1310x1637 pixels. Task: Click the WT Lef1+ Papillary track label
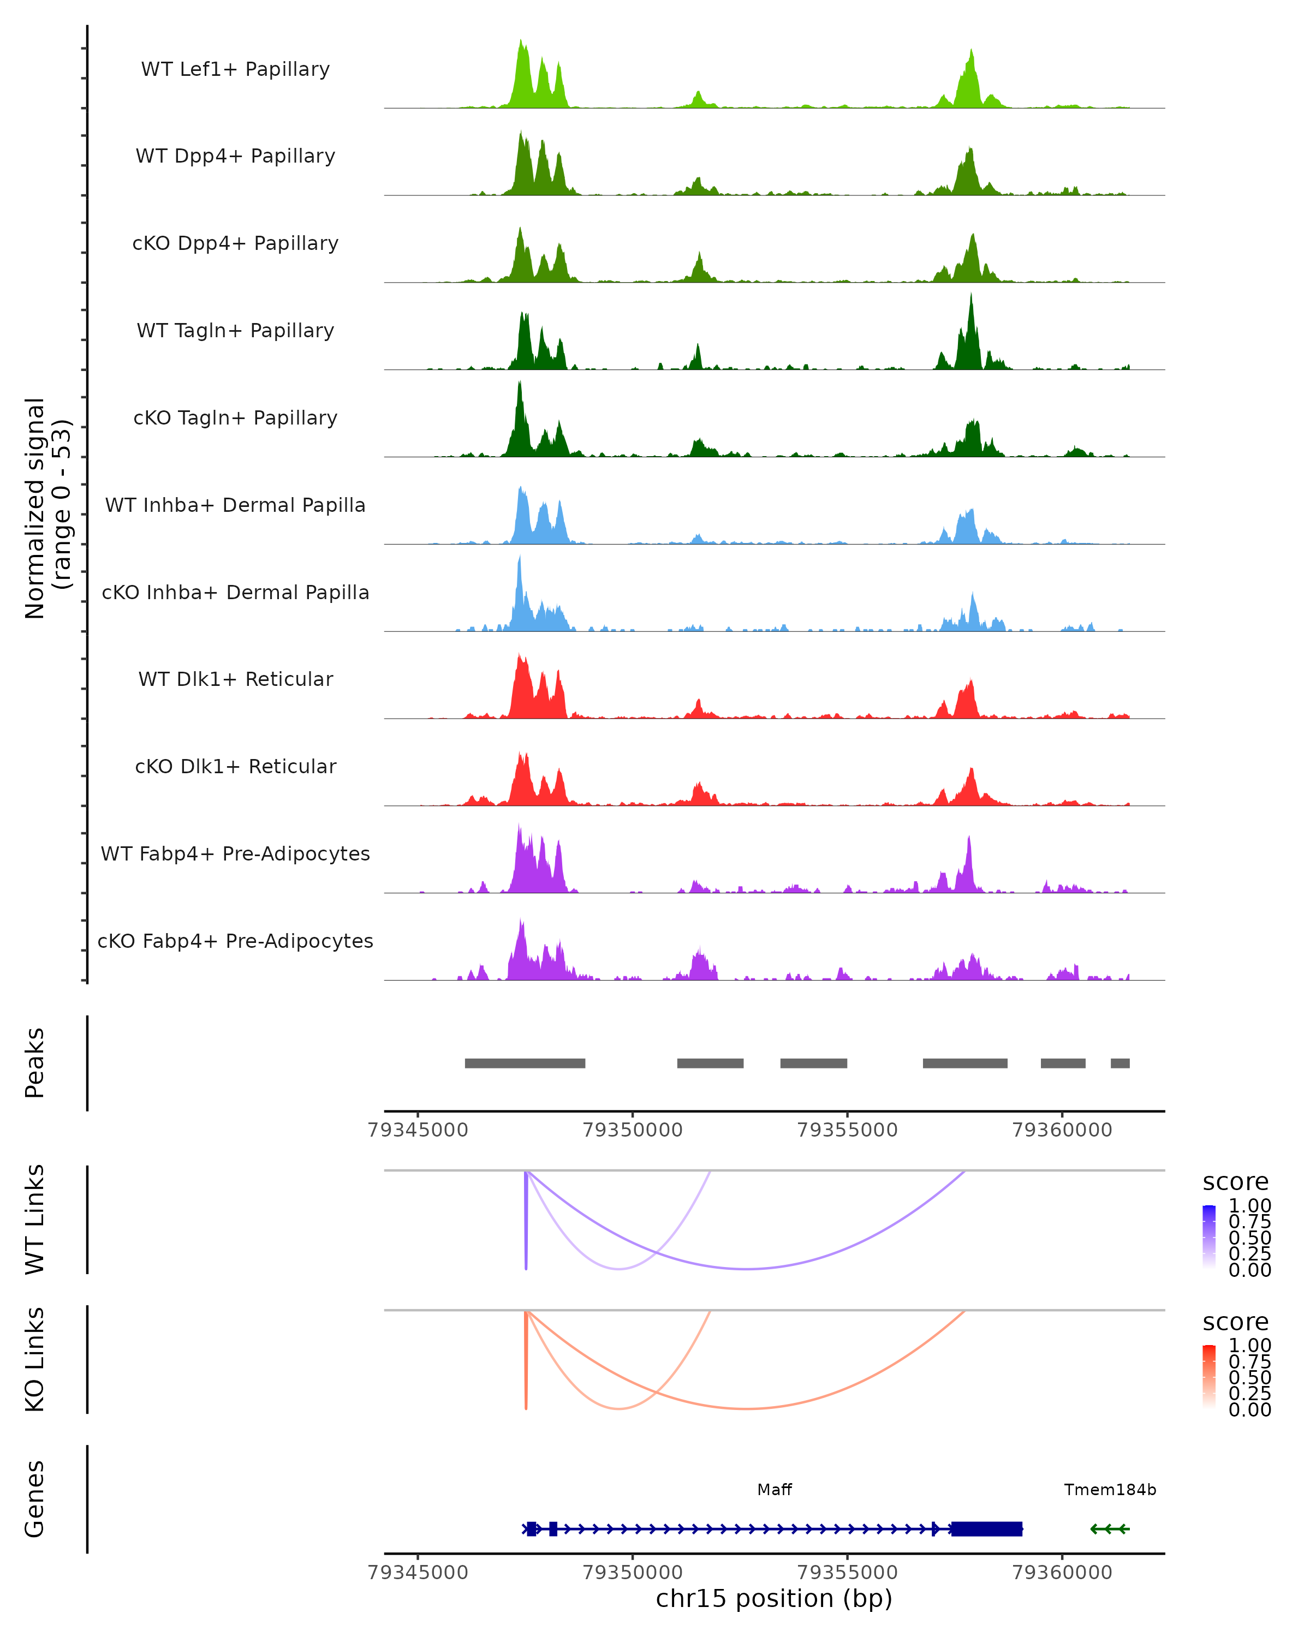[235, 69]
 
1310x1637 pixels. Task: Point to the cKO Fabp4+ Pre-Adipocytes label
[235, 941]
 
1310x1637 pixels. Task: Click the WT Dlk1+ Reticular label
[235, 679]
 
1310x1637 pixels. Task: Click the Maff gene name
[774, 1490]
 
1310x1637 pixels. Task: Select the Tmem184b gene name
[1110, 1490]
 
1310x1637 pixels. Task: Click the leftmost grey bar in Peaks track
[525, 1063]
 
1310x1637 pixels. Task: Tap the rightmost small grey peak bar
[1120, 1063]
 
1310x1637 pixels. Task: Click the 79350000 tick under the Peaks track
[633, 1130]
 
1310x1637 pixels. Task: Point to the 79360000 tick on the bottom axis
[1062, 1573]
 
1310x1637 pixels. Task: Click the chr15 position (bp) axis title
[774, 1599]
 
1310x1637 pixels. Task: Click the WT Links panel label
[35, 1220]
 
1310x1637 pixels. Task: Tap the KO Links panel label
[35, 1359]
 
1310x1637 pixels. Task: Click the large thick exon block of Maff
[986, 1528]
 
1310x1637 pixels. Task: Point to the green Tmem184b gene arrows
[1110, 1528]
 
